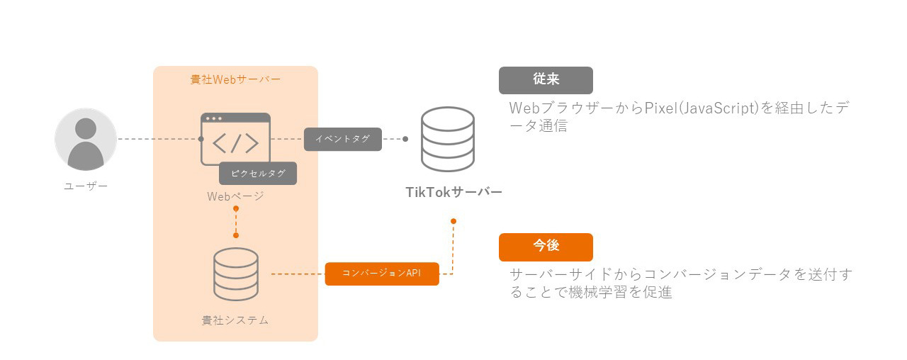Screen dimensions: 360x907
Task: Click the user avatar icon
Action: (86, 139)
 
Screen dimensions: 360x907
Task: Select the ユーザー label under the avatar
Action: (86, 187)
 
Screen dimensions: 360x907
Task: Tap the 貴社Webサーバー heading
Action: (235, 79)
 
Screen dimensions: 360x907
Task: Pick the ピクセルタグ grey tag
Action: (257, 174)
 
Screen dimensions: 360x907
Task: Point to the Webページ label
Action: (235, 196)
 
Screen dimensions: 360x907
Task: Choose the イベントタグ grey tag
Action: (343, 139)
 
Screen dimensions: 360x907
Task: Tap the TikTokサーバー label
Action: (453, 192)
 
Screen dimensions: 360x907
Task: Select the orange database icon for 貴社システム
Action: (235, 274)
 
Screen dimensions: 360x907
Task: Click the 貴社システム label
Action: (235, 320)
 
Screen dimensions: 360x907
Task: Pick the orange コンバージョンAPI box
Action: (382, 274)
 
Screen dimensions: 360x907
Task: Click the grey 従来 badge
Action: (546, 80)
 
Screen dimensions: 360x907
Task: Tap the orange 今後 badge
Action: (546, 247)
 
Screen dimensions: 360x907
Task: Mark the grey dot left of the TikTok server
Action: (405, 139)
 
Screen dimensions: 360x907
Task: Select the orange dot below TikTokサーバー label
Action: (453, 221)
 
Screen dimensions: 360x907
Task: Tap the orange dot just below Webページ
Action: (236, 209)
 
